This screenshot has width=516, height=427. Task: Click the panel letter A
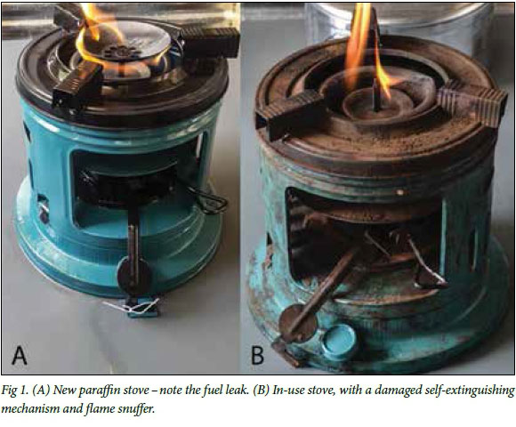[x=20, y=355]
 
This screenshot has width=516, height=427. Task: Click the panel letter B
[x=258, y=355]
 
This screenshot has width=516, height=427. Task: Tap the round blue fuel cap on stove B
[x=339, y=339]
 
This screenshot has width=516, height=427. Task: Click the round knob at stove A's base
[x=134, y=276]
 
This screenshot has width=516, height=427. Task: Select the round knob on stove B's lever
[x=298, y=324]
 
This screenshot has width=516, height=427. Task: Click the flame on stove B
[x=364, y=49]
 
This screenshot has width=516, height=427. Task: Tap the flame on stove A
[x=99, y=39]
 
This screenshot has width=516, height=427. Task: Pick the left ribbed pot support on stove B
[x=291, y=114]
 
